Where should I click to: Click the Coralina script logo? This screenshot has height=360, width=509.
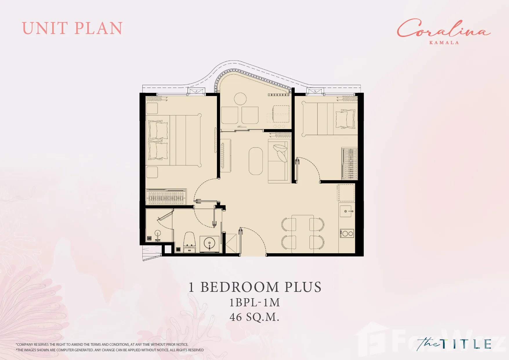[x=444, y=28]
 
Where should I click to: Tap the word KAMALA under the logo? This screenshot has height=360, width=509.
[x=444, y=43]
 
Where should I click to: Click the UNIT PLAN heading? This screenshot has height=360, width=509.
[x=72, y=28]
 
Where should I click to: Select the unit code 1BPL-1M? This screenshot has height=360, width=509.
[x=255, y=303]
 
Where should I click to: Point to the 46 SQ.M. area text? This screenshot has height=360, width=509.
[x=254, y=317]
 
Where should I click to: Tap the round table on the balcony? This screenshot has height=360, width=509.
[x=240, y=99]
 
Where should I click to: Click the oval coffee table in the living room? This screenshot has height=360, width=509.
[x=256, y=161]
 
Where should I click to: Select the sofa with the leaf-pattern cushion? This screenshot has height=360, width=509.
[x=279, y=161]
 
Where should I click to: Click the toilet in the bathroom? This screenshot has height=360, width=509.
[x=190, y=242]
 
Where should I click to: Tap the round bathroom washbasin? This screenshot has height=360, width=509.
[x=209, y=243]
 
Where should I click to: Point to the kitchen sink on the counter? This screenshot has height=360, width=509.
[x=347, y=211]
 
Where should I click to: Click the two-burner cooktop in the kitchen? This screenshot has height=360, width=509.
[x=347, y=233]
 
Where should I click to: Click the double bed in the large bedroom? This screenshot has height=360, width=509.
[x=174, y=140]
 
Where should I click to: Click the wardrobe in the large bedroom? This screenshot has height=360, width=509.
[x=166, y=197]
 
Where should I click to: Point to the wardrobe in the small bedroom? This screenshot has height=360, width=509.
[x=349, y=163]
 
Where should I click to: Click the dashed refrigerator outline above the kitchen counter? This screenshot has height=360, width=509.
[x=346, y=193]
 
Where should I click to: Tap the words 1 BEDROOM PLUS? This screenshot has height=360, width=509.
[x=255, y=287]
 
